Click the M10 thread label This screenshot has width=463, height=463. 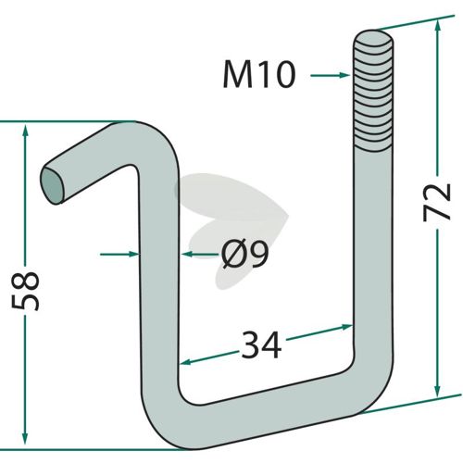(x=259, y=74)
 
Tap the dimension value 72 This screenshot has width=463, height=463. (x=437, y=202)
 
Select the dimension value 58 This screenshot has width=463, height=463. (x=25, y=291)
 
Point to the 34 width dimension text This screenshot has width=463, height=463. (x=261, y=344)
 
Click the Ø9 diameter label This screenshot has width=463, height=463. (x=245, y=254)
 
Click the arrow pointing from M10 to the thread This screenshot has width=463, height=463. (x=331, y=75)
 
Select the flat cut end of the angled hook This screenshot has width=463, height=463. (x=53, y=186)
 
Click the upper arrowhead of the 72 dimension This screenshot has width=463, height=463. (x=437, y=27)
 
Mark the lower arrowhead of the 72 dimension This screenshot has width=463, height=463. (x=437, y=390)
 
